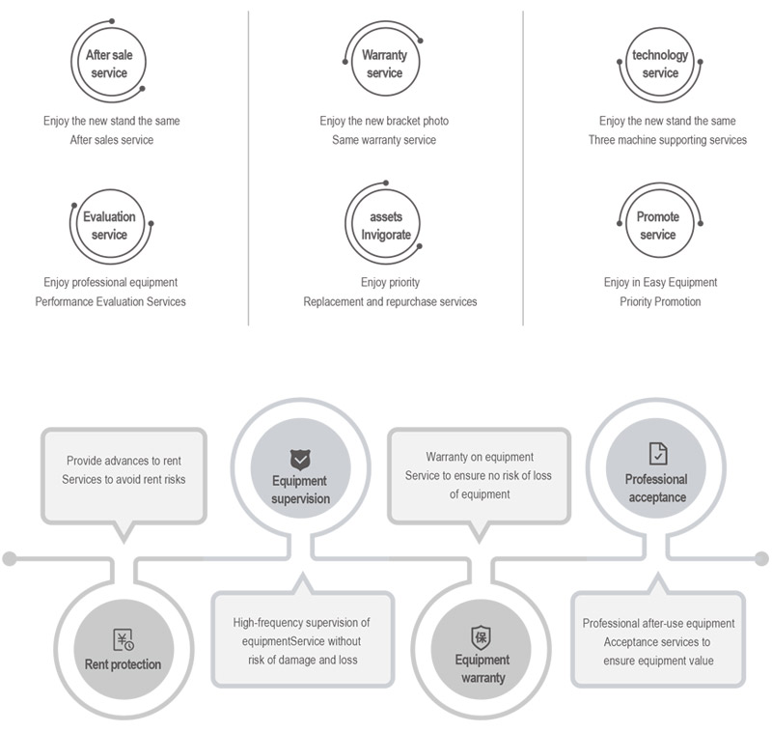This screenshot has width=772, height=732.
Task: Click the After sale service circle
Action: click(109, 64)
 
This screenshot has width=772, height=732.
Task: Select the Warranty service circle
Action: click(384, 64)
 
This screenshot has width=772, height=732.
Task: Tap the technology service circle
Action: click(660, 64)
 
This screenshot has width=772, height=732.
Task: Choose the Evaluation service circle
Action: click(109, 226)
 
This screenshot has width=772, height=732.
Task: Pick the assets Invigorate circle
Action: click(385, 226)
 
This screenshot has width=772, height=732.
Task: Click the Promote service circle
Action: click(658, 226)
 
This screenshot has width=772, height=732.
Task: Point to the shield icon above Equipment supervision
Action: click(299, 460)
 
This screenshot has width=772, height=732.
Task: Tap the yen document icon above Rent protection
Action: click(123, 639)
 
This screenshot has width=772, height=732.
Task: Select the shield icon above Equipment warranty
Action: click(481, 637)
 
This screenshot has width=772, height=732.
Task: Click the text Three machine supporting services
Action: click(668, 140)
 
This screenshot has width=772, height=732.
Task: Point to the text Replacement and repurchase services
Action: click(390, 302)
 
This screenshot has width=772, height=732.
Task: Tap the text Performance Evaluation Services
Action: click(111, 302)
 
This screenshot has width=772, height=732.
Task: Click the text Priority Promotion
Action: click(660, 302)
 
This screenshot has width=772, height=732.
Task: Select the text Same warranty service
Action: click(384, 140)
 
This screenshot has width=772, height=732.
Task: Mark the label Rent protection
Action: click(123, 664)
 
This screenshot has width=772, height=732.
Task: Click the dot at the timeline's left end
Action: click(10, 558)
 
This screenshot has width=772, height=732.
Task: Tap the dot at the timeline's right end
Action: click(761, 558)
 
